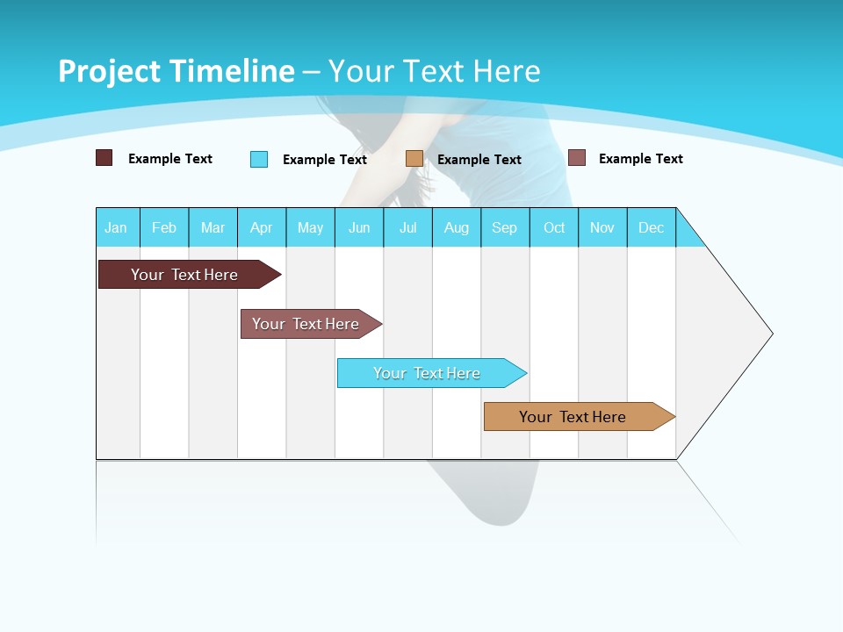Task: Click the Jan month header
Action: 116,227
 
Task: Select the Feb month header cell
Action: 164,227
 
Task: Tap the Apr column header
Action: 261,227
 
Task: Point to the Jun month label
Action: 359,227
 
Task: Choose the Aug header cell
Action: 456,227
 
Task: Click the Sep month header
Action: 504,227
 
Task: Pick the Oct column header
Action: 554,227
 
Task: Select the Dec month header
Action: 651,227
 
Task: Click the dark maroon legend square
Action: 104,158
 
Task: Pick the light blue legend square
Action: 259,159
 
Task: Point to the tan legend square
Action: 414,159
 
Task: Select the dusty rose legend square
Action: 577,158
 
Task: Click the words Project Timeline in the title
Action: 176,71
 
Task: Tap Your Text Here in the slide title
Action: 435,71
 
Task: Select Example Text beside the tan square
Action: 479,160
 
